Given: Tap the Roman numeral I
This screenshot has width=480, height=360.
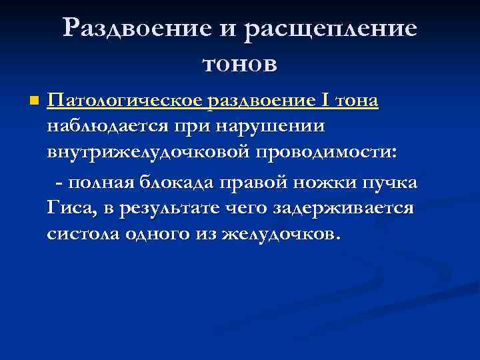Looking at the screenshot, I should coord(324,101).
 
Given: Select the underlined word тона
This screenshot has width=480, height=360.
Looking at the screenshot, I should coord(356,101).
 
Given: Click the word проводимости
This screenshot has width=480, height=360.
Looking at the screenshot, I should coord(327,151).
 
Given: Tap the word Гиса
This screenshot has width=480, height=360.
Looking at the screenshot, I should coord(70,208).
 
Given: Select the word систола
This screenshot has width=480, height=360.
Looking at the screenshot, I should coord(81,234).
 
